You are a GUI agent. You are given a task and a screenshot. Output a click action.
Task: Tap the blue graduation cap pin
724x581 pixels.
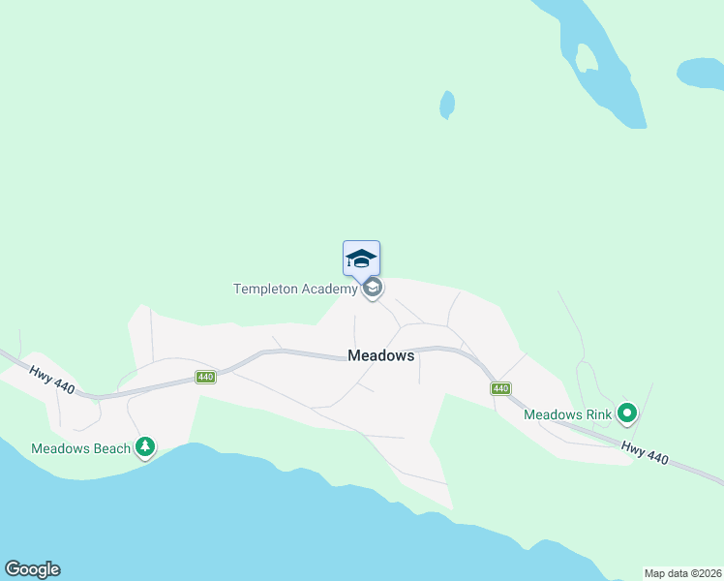(x=361, y=258)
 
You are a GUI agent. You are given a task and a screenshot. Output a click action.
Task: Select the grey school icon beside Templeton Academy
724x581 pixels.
(x=374, y=289)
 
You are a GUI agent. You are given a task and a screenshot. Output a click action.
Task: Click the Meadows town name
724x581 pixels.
(x=380, y=355)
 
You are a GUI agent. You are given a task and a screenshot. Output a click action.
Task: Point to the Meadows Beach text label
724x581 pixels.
(x=80, y=448)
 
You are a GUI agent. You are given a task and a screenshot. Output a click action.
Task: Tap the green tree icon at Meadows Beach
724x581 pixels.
(x=145, y=446)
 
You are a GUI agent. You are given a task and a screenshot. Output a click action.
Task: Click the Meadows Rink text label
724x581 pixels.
(x=568, y=414)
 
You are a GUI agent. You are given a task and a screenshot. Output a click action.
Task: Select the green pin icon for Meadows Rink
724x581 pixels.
(x=627, y=414)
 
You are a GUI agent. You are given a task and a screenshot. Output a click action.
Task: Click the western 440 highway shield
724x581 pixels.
(x=204, y=377)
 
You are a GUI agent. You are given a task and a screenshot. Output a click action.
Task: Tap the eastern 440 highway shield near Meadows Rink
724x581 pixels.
(x=499, y=388)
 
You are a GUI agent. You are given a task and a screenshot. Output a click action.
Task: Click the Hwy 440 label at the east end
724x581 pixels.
(x=645, y=451)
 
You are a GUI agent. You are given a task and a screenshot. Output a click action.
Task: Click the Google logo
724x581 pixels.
(x=32, y=569)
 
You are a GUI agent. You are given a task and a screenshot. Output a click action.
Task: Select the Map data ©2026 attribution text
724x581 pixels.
(x=682, y=572)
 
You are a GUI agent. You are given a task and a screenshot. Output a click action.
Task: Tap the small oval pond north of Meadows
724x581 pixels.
(x=447, y=104)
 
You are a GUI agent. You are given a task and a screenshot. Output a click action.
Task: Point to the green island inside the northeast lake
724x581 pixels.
(x=586, y=58)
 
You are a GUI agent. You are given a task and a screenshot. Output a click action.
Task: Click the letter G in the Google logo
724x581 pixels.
(x=12, y=569)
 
